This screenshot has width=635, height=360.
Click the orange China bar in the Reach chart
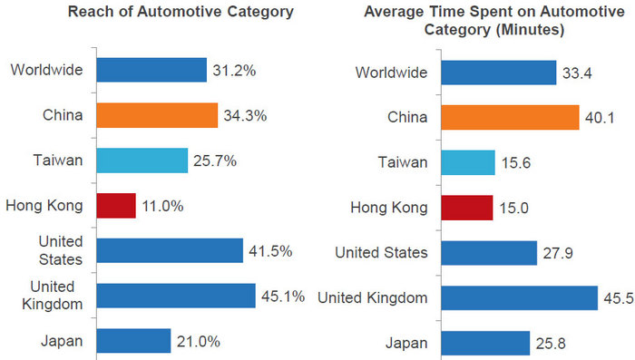click(x=157, y=115)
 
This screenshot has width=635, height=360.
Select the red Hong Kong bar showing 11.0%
click(x=116, y=206)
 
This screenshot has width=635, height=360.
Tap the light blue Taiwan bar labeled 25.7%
click(x=142, y=161)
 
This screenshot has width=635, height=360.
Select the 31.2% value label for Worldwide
click(x=234, y=70)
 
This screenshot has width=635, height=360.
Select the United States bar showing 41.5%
click(x=170, y=250)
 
